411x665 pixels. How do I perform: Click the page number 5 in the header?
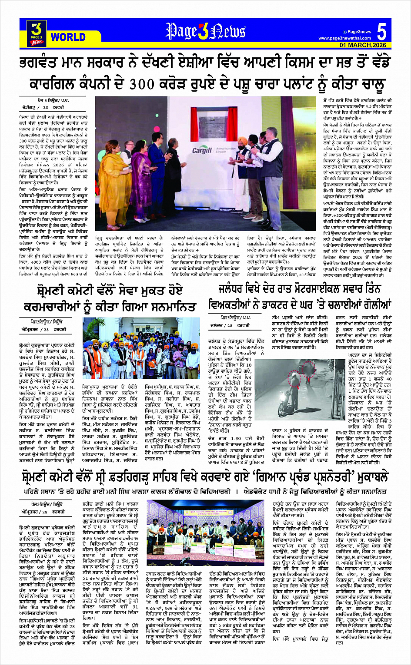coord(381,32)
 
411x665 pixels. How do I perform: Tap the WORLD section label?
coord(68,37)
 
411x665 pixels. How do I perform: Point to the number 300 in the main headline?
coord(147,83)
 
